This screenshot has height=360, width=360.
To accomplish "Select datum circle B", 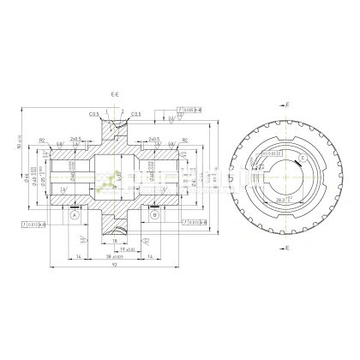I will click(x=154, y=217).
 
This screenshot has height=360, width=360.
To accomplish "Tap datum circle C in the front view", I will click(x=303, y=159).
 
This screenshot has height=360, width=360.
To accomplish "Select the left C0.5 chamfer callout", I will click(x=92, y=113).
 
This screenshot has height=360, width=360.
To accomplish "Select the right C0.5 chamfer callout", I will click(x=135, y=113).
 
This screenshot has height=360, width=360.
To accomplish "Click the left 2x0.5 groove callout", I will click(x=76, y=138).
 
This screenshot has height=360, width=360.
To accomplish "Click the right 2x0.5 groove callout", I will click(x=153, y=138).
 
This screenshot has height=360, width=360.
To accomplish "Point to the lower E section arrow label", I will click(x=286, y=247).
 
